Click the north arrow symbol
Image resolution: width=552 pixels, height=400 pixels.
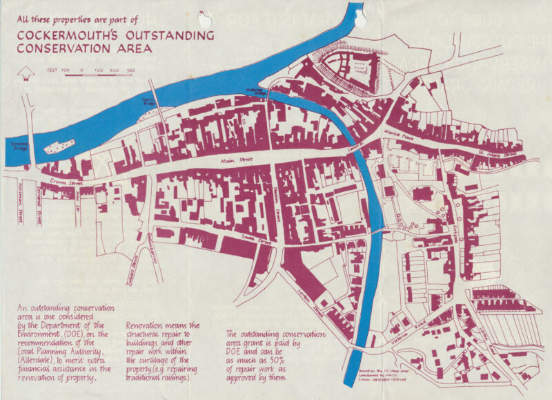(26, 72)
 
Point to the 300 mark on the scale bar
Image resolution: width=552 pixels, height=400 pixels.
(130, 70)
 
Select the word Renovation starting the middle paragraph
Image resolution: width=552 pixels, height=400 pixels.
(146, 325)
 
